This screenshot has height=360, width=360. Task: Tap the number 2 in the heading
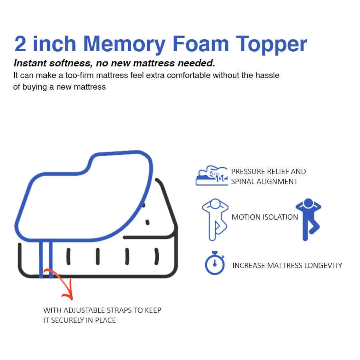pyautogui.click(x=20, y=44)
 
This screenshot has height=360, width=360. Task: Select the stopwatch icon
pyautogui.click(x=215, y=263)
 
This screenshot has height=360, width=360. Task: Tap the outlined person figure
pyautogui.click(x=214, y=219)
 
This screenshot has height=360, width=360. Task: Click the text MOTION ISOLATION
pyautogui.click(x=265, y=217)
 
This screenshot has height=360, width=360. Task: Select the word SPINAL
pyautogui.click(x=244, y=182)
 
